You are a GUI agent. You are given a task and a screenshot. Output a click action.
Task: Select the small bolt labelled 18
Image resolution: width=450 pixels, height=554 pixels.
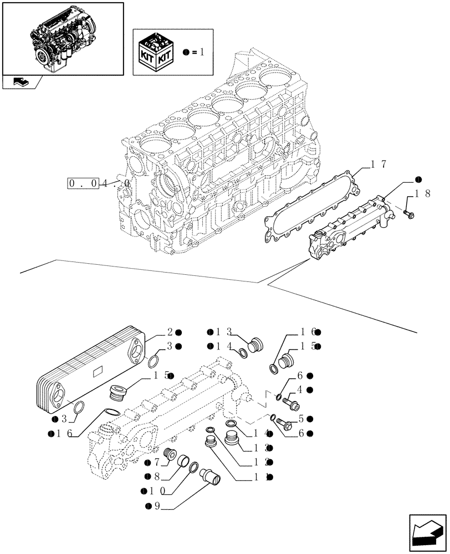pyautogui.click(x=409, y=213)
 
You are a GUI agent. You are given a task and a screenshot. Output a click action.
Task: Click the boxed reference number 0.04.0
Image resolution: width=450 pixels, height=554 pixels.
pyautogui.click(x=99, y=183)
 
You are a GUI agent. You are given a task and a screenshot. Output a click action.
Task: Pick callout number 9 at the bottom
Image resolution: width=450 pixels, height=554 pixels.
pyautogui.click(x=157, y=505)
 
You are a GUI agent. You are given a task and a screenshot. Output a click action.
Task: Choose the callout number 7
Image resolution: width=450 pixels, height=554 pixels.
pyautogui.click(x=157, y=461)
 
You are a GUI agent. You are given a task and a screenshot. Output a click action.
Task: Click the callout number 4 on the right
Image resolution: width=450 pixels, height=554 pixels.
pyautogui.click(x=299, y=389)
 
